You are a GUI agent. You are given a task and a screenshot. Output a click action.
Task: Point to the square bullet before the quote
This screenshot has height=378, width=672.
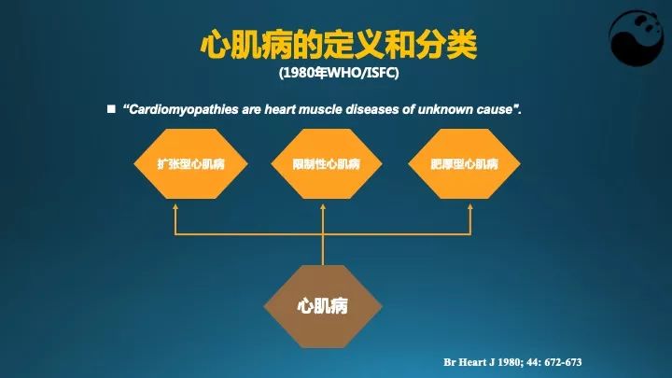110,109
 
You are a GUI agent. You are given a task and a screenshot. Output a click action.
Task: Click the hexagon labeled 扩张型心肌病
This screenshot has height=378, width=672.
189,164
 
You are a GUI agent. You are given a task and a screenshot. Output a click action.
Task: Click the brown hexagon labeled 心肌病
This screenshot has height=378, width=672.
323,304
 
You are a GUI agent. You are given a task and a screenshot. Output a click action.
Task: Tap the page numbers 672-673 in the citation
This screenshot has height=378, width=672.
567,360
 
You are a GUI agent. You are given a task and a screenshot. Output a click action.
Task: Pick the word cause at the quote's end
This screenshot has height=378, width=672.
497,110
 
